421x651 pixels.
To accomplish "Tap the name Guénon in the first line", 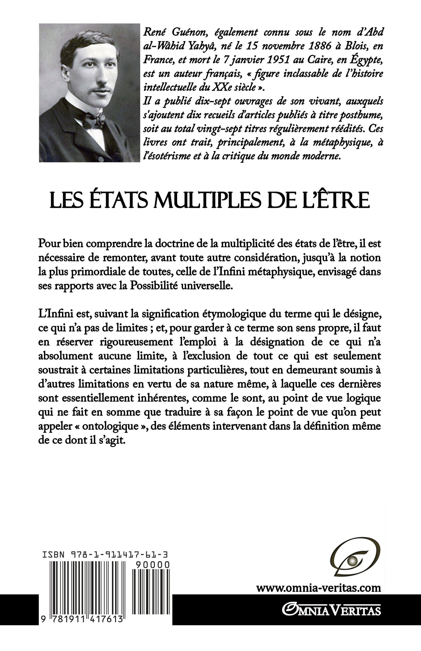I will point(188,32).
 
